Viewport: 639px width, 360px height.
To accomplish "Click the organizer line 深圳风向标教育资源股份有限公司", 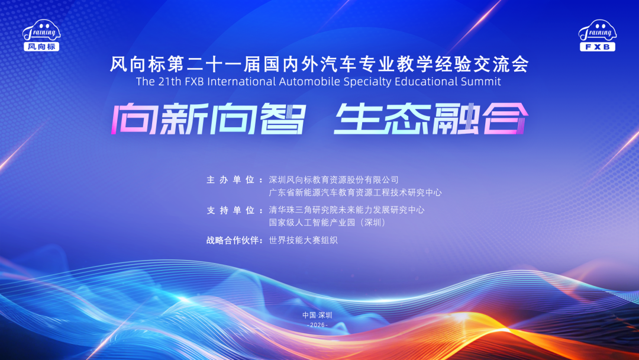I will pyautogui.click(x=334, y=179).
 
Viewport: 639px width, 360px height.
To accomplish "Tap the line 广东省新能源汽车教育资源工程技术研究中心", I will pyautogui.click(x=355, y=192).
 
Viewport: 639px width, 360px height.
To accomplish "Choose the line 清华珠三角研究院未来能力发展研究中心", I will pyautogui.click(x=347, y=210).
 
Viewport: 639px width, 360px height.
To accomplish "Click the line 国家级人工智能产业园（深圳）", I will pyautogui.click(x=327, y=223).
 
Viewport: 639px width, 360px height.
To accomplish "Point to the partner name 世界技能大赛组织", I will pyautogui.click(x=303, y=240).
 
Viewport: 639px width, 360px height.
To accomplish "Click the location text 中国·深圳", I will pyautogui.click(x=318, y=315).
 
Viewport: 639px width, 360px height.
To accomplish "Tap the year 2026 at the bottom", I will pyautogui.click(x=318, y=326).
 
